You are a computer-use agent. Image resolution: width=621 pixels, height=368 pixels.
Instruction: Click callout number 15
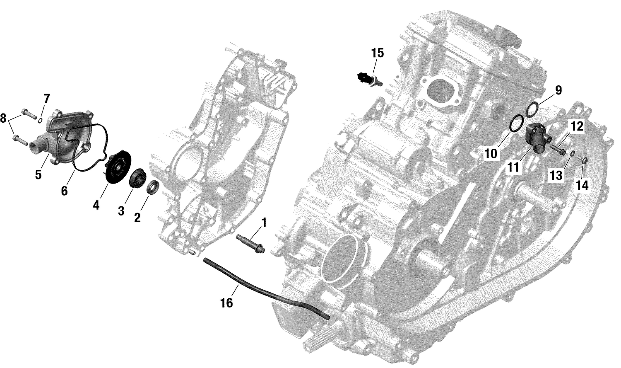coord(377,53)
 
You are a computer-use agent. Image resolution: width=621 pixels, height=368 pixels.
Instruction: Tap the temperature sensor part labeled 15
coord(368,78)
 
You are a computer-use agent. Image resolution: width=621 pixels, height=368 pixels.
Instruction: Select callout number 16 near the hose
coord(226,303)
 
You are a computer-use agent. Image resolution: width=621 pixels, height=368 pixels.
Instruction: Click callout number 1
coord(263,223)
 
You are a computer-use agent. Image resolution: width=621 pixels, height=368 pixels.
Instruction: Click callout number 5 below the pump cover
coord(38,175)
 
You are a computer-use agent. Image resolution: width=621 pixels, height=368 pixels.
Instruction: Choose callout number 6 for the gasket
coord(64,191)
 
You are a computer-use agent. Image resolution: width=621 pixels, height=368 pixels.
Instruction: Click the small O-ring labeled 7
coord(39,121)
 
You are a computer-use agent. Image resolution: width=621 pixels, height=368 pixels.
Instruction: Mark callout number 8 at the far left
coord(4,119)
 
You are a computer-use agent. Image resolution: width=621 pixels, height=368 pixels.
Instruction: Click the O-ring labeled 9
coord(532,109)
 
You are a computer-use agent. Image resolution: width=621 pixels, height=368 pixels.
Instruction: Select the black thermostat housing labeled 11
coord(537,139)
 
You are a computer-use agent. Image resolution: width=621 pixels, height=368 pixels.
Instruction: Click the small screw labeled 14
coord(584,160)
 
